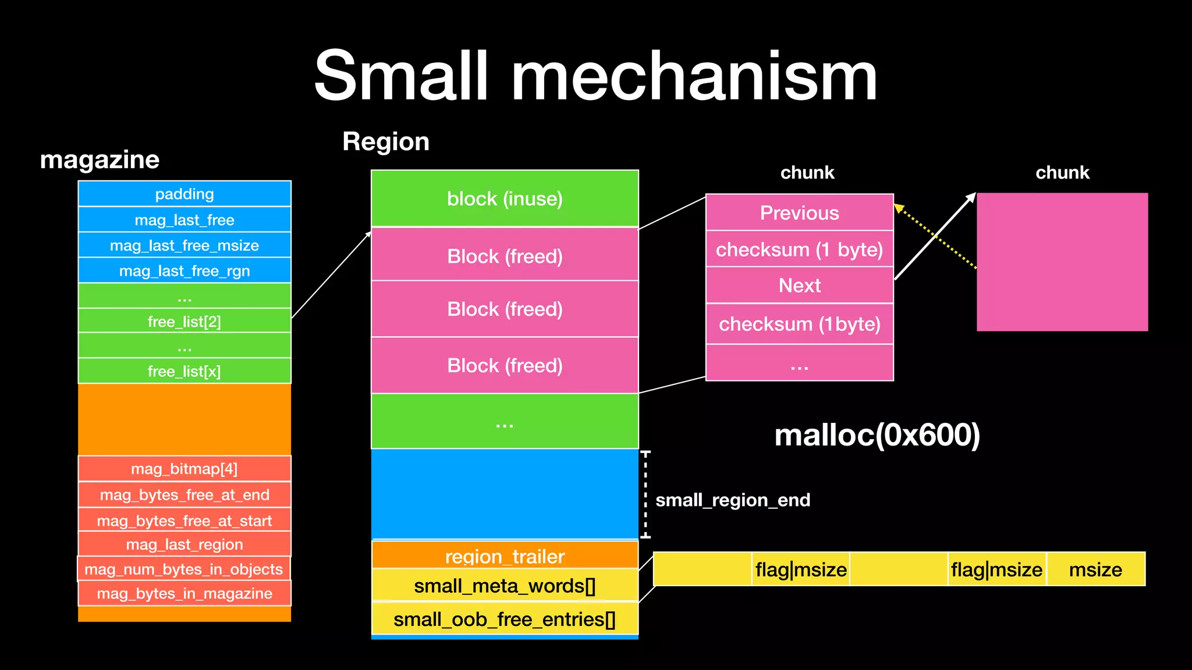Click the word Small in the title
pos(402,76)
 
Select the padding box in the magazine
pos(185,194)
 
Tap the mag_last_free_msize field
pos(185,245)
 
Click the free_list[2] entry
pos(185,321)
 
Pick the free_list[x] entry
pos(185,371)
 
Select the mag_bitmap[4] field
pos(185,469)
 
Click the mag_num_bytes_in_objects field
pos(184,569)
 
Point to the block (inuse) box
pos(505,198)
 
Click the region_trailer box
pos(505,555)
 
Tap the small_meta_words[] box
pos(505,585)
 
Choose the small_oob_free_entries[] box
pos(505,619)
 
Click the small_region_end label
pos(732,500)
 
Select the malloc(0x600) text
pos(877,435)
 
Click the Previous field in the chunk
pos(799,213)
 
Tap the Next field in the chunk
pos(799,286)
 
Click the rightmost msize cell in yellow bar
pos(1095,569)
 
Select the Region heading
pos(386,141)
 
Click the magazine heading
pos(100,159)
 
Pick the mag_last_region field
pos(185,544)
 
